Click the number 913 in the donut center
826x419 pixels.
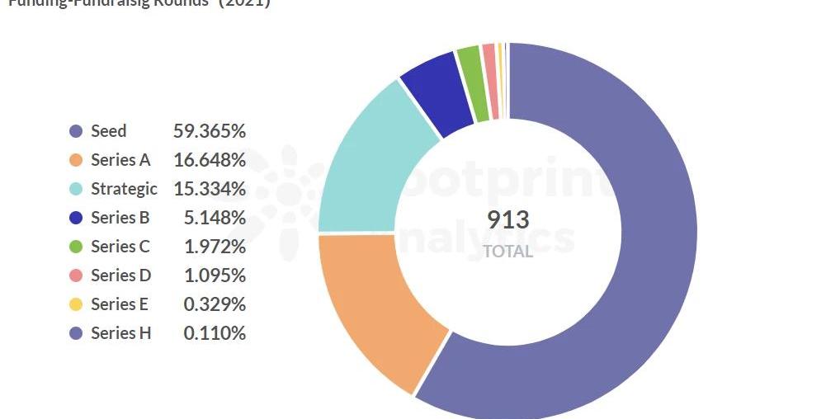click(507, 220)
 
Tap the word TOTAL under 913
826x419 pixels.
click(507, 252)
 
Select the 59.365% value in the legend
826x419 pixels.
click(210, 131)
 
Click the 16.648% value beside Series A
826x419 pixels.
click(210, 160)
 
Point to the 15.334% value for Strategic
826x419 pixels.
click(210, 189)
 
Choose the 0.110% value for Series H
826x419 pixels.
click(215, 333)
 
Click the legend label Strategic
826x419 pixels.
click(124, 189)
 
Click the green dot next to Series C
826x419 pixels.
click(77, 247)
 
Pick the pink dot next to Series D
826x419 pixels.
click(77, 275)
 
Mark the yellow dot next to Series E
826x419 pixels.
click(77, 304)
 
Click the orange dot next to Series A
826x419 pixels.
click(77, 160)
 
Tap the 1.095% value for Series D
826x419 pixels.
click(215, 275)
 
